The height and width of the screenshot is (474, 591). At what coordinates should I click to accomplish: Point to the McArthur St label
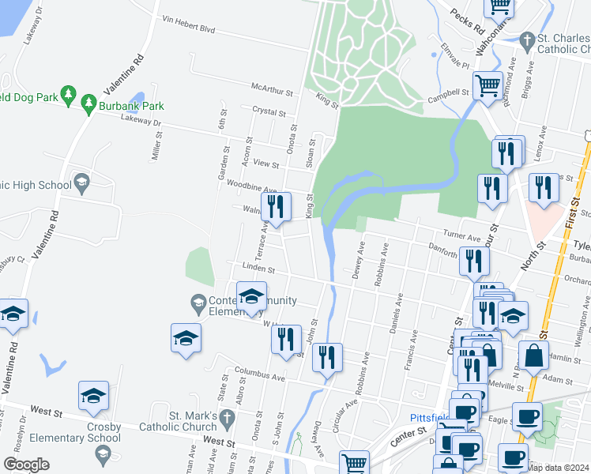(x=272, y=89)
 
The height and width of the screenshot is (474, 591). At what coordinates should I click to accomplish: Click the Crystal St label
(x=267, y=111)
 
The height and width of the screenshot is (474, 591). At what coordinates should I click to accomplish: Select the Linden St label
(x=258, y=269)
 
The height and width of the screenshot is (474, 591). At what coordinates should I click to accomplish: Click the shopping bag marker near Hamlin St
(x=533, y=357)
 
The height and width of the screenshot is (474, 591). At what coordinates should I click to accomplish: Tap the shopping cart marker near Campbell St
(x=488, y=85)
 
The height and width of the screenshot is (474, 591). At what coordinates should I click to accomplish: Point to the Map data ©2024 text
(x=559, y=468)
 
